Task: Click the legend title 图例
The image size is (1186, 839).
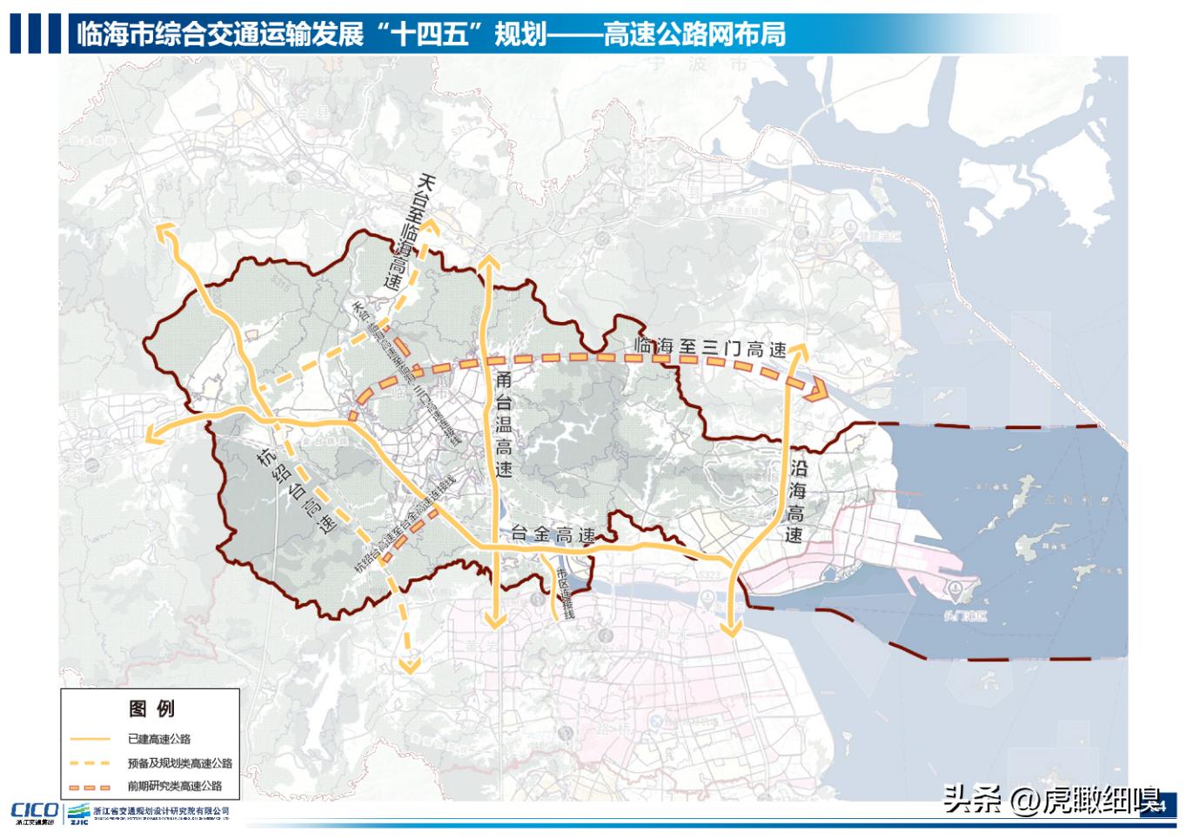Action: pos(151,708)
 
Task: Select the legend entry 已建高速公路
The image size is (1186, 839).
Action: pos(158,739)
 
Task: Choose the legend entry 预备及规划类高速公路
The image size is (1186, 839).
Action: pos(179,763)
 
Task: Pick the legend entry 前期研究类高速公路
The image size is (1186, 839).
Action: pos(174,786)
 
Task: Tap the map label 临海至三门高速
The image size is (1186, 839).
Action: pos(711,347)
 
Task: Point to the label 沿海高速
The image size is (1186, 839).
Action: pos(795,503)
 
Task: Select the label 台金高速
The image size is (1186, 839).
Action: pos(553,535)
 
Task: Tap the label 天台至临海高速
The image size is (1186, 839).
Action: pos(410,232)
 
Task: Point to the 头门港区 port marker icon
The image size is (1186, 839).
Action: pos(956,590)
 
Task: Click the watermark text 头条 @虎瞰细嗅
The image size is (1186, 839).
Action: pos(1052,798)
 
